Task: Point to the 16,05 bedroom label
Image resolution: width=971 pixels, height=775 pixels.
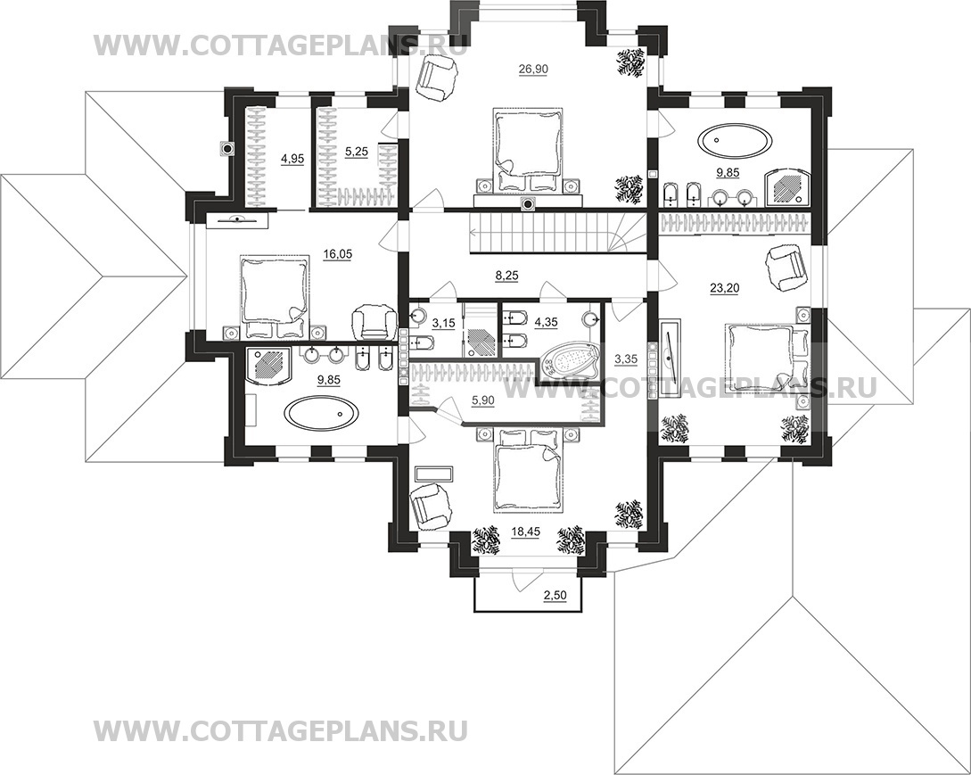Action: (x=338, y=254)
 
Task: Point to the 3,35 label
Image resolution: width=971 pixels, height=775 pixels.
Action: (x=625, y=359)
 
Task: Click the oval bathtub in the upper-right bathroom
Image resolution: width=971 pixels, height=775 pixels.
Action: (x=736, y=140)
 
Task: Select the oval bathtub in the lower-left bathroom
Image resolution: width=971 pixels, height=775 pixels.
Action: (x=321, y=412)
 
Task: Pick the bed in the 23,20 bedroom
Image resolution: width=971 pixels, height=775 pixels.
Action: (x=766, y=357)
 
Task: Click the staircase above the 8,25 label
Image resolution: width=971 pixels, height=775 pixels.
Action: (x=548, y=235)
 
